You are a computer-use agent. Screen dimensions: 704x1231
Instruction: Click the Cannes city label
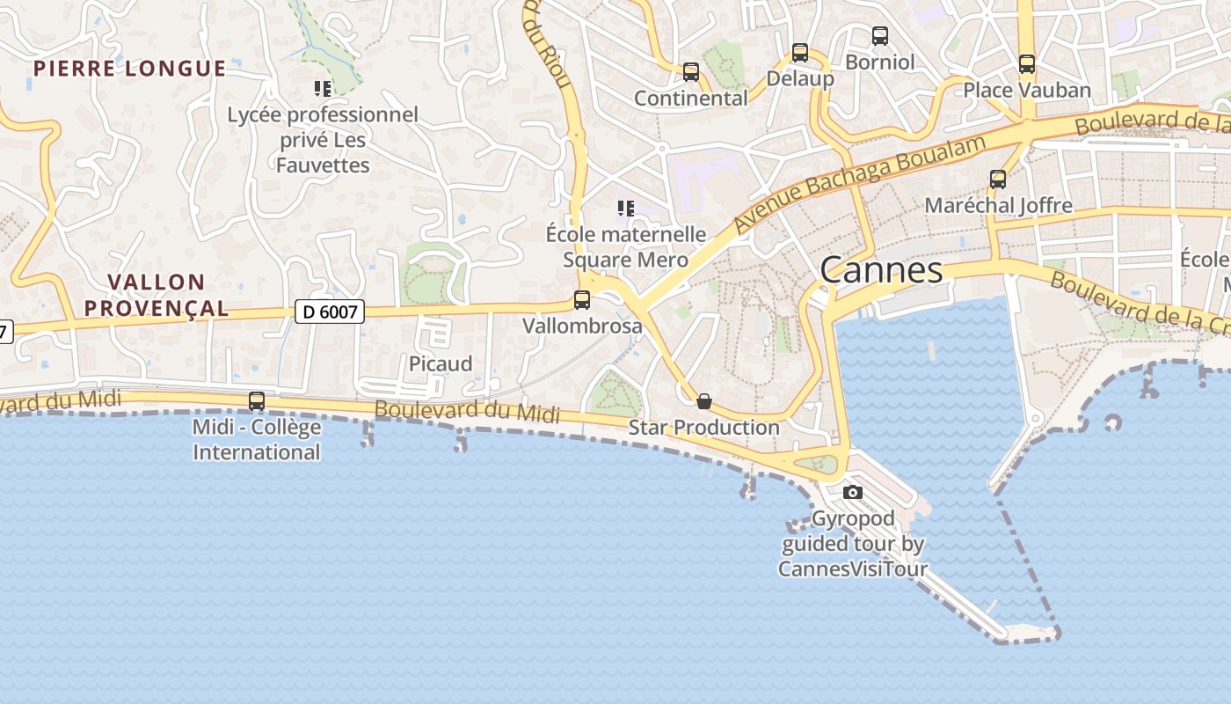coord(881,269)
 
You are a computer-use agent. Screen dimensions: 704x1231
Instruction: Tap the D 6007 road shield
coord(329,311)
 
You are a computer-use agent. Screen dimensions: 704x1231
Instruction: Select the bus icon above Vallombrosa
coord(582,300)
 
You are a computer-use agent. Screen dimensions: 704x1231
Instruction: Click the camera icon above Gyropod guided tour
coord(852,492)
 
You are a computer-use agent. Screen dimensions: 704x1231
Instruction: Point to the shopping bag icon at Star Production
coord(704,402)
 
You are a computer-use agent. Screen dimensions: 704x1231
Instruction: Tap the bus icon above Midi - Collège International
coord(257,401)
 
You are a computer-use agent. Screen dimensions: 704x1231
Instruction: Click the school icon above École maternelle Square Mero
coord(625,209)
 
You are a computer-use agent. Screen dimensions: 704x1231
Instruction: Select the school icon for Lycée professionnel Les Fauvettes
coord(323,89)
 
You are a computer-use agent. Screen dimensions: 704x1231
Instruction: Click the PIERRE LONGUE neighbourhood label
coord(130,69)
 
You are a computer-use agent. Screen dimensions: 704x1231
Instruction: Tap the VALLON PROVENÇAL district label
coord(168,295)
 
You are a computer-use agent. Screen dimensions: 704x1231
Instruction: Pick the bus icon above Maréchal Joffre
coord(998,180)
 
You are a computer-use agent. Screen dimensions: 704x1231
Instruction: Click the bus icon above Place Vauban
coord(1027,64)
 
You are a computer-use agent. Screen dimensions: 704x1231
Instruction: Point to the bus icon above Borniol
coord(880,36)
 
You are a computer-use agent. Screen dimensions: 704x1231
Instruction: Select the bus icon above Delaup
coord(800,53)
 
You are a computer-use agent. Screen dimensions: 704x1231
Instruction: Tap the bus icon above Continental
coord(691,72)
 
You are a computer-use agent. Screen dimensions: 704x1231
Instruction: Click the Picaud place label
coord(441,363)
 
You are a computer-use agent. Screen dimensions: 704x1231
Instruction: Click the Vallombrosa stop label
coord(582,326)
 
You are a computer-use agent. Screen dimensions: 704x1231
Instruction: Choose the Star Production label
coord(703,428)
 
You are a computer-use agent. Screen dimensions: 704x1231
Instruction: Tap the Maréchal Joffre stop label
coord(998,206)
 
